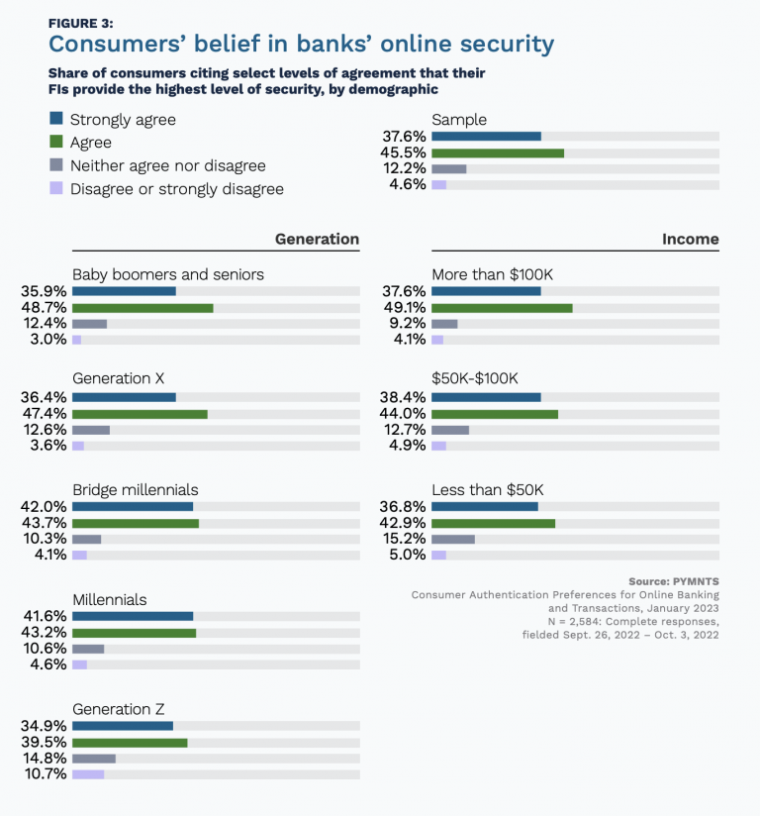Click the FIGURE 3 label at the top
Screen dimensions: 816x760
point(81,21)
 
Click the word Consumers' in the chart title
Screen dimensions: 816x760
point(107,45)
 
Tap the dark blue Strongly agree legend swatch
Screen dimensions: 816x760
point(55,120)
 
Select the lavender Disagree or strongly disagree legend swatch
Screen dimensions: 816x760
point(55,188)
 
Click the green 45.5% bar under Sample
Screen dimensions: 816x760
point(498,153)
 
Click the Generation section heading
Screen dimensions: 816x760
point(317,240)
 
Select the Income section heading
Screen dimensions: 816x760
point(690,240)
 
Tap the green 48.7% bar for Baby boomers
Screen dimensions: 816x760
point(142,308)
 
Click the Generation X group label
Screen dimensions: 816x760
point(119,379)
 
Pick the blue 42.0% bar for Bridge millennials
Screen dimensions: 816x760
point(133,507)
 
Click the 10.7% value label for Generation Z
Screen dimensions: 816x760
point(45,774)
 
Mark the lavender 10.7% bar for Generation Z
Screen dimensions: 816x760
point(88,774)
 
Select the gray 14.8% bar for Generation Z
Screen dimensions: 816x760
point(94,759)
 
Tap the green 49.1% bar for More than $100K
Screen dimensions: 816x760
point(502,308)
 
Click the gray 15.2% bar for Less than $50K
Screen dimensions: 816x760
point(453,539)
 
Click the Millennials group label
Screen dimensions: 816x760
point(110,599)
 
